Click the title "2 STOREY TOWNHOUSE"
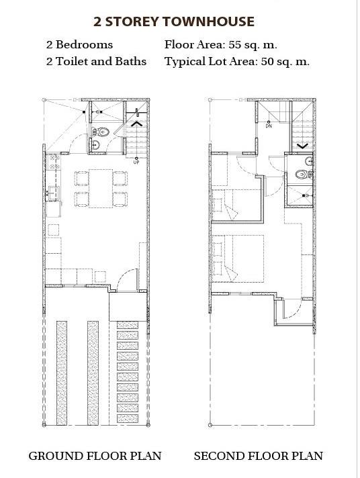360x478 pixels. pos(174,21)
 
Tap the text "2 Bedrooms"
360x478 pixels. pos(80,45)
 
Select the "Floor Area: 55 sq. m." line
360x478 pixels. pos(221,45)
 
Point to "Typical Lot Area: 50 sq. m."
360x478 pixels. pos(237,62)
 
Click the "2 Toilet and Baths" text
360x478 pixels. pos(97,61)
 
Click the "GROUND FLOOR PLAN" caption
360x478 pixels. pos(95,456)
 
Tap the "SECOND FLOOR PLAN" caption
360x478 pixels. pos(259,456)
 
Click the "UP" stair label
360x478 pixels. pos(136,162)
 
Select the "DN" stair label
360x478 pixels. pos(269,126)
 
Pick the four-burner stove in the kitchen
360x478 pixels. pos(54,162)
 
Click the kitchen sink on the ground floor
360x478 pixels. pos(52,193)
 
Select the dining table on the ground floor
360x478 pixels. pos(101,189)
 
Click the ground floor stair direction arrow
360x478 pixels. pos(136,124)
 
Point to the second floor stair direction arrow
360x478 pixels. pos(302,146)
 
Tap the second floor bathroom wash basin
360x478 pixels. pos(309,161)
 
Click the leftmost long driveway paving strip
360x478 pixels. pos(62,373)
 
